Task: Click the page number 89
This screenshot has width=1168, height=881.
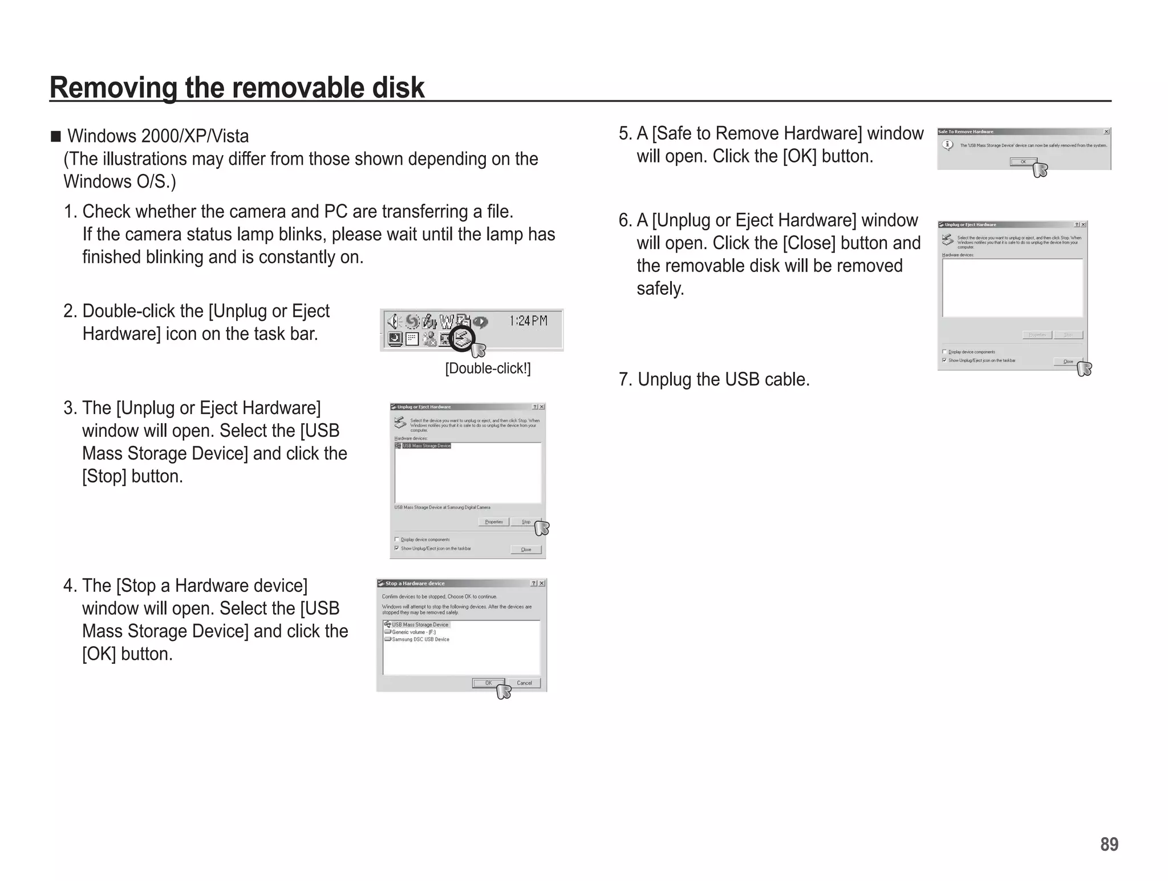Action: (1109, 844)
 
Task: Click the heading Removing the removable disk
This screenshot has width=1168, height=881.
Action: (237, 87)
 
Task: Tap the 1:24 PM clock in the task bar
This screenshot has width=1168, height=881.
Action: (528, 321)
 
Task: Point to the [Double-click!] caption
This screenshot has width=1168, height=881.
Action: (488, 368)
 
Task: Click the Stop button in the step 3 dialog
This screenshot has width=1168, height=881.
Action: (525, 522)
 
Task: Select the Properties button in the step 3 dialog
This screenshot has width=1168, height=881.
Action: (493, 522)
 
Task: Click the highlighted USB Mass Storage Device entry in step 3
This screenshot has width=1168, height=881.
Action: (426, 446)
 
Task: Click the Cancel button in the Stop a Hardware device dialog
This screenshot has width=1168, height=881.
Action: (524, 683)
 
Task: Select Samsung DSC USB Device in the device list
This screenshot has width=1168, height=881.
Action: (420, 639)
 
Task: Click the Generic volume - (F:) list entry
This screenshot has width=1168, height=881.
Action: (413, 632)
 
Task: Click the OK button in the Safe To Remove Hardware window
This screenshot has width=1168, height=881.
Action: (1023, 162)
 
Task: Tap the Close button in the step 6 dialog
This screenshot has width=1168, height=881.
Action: (1068, 362)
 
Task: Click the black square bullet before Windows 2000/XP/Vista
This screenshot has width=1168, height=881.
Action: (55, 136)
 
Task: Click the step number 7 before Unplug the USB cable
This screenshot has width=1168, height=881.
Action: (624, 379)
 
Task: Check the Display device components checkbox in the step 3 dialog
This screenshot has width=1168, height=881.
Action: (397, 539)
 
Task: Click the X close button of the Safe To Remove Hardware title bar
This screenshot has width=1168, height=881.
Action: (1106, 132)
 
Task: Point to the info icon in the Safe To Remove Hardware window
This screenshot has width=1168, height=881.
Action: (947, 145)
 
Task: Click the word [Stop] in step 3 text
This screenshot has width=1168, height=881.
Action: (104, 476)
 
